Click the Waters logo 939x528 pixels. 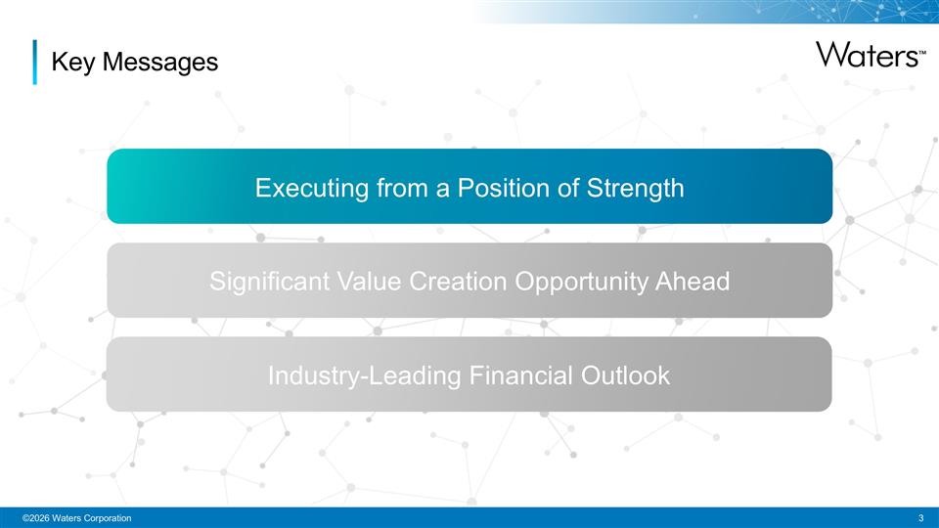[867, 54]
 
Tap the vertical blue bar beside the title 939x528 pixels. [35, 62]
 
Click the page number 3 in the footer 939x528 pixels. [921, 517]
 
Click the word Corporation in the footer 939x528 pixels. [105, 517]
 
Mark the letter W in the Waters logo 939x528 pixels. [831, 54]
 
